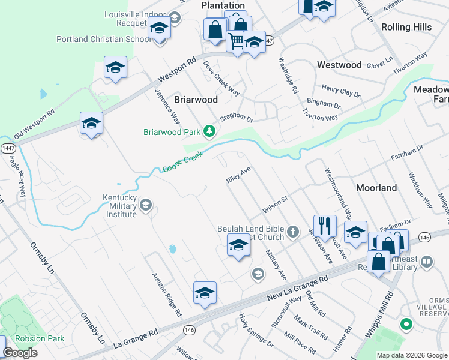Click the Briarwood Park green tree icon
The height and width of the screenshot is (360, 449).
tap(209, 131)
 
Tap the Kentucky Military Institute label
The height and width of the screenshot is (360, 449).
tap(112, 206)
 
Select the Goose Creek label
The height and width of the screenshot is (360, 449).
tap(183, 162)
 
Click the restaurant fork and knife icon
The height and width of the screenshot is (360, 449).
tap(325, 226)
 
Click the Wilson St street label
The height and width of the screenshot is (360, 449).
tap(276, 205)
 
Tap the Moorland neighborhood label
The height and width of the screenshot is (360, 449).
tap(376, 188)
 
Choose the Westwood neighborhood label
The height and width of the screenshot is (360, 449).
tap(339, 65)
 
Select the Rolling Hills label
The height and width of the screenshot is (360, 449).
tap(406, 27)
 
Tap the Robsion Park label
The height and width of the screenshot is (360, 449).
tap(40, 338)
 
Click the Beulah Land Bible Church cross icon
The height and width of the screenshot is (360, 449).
tap(293, 232)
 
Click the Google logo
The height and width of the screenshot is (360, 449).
tap(19, 353)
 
